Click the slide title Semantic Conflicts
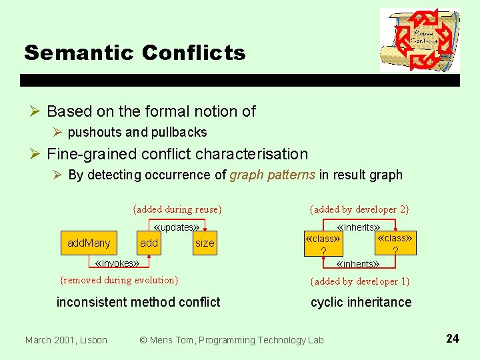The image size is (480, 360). pos(135,53)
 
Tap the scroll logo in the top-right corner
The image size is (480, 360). pos(419,40)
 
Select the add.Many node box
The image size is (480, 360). pos(89,243)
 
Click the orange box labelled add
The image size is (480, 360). pos(149,243)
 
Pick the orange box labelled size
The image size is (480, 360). pos(205,243)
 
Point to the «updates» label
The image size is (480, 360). pos(177,227)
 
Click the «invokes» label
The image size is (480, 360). pos(117,263)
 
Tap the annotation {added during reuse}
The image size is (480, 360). pos(177,209)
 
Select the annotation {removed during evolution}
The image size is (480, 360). pos(119,280)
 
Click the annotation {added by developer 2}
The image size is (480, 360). pos(359,209)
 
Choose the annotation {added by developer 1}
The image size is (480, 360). pos(360,281)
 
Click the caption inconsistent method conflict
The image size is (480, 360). pos(138,302)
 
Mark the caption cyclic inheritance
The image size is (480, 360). pos(361,302)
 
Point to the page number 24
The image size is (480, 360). pos(452,339)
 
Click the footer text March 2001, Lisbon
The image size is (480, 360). pos(66,340)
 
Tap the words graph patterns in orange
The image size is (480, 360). pos(272,175)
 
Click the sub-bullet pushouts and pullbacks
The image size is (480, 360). pos(137,132)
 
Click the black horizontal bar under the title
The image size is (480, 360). pos(240,80)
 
